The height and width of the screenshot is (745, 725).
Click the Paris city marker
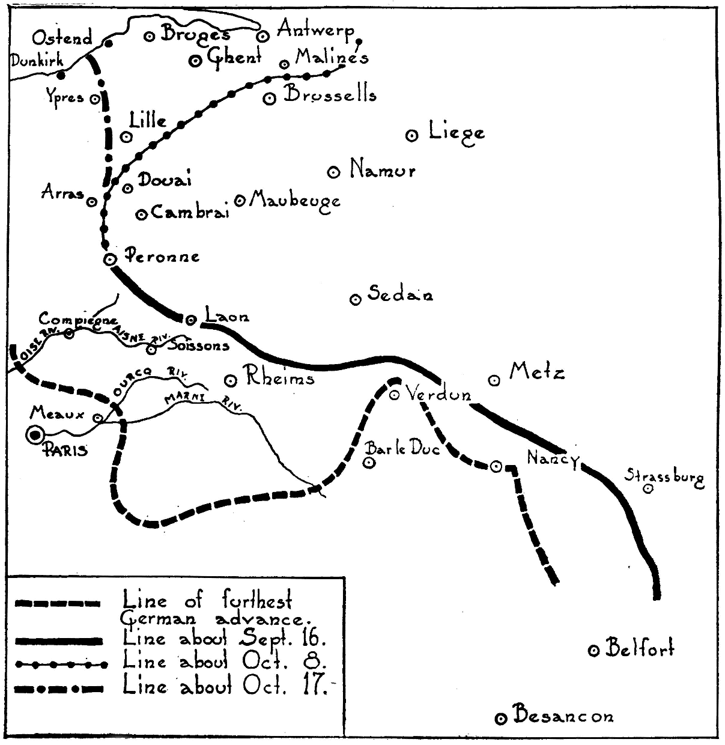35,434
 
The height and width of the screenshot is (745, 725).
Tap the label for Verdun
438,394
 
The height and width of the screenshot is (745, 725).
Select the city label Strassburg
664,478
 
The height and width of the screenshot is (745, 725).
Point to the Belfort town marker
593,650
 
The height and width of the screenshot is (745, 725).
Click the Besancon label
563,716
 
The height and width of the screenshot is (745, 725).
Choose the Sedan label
400,294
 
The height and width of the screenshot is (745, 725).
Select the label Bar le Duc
403,448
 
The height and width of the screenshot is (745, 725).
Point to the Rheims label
278,379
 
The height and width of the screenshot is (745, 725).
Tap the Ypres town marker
94,100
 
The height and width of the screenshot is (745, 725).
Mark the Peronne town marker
109,259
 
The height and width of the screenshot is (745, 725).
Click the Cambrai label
190,212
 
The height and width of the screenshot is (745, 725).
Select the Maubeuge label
294,200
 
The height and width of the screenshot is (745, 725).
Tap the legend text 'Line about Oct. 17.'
225,686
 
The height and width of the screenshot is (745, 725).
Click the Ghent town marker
195,61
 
